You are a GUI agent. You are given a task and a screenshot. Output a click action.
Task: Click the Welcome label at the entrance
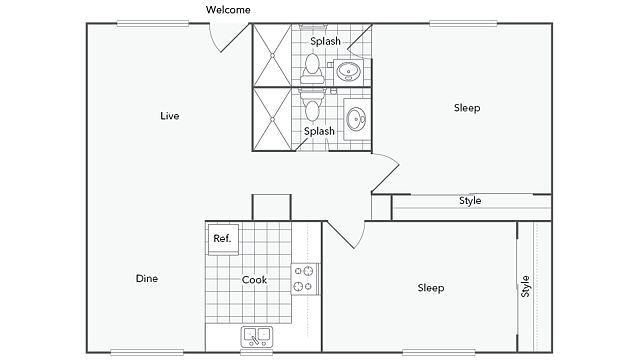[x=228, y=9]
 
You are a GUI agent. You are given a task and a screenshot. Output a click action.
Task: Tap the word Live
[x=170, y=116]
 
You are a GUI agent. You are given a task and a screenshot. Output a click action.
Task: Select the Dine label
[x=147, y=278]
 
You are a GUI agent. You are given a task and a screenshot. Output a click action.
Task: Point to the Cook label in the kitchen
[x=254, y=280]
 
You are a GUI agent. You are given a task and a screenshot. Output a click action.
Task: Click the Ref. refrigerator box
[x=223, y=239]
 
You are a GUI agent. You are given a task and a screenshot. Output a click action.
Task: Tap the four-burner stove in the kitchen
[x=304, y=279]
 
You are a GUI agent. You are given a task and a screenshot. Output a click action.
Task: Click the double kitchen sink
[x=257, y=337]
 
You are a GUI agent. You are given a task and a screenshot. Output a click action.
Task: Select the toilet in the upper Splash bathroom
[x=312, y=69]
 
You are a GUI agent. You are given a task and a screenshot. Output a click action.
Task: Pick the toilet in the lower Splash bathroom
[x=312, y=105]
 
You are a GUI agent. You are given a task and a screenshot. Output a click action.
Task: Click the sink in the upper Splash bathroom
[x=348, y=72]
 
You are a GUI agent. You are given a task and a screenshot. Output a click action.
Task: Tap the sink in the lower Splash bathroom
[x=357, y=119]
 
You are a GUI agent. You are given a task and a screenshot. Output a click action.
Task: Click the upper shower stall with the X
[x=272, y=55]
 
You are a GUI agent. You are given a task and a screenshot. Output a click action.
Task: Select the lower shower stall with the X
[x=272, y=119]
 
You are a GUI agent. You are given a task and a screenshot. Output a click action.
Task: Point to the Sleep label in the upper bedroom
[x=467, y=108]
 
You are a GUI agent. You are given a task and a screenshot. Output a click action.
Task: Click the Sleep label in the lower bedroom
[x=431, y=288]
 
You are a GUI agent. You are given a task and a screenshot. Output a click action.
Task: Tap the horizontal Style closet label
[x=470, y=201]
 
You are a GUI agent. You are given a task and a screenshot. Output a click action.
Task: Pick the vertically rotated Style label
[x=525, y=286]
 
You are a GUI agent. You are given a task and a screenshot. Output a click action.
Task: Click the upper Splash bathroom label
[x=325, y=41]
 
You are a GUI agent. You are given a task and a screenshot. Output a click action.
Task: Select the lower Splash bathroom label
[x=319, y=131]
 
